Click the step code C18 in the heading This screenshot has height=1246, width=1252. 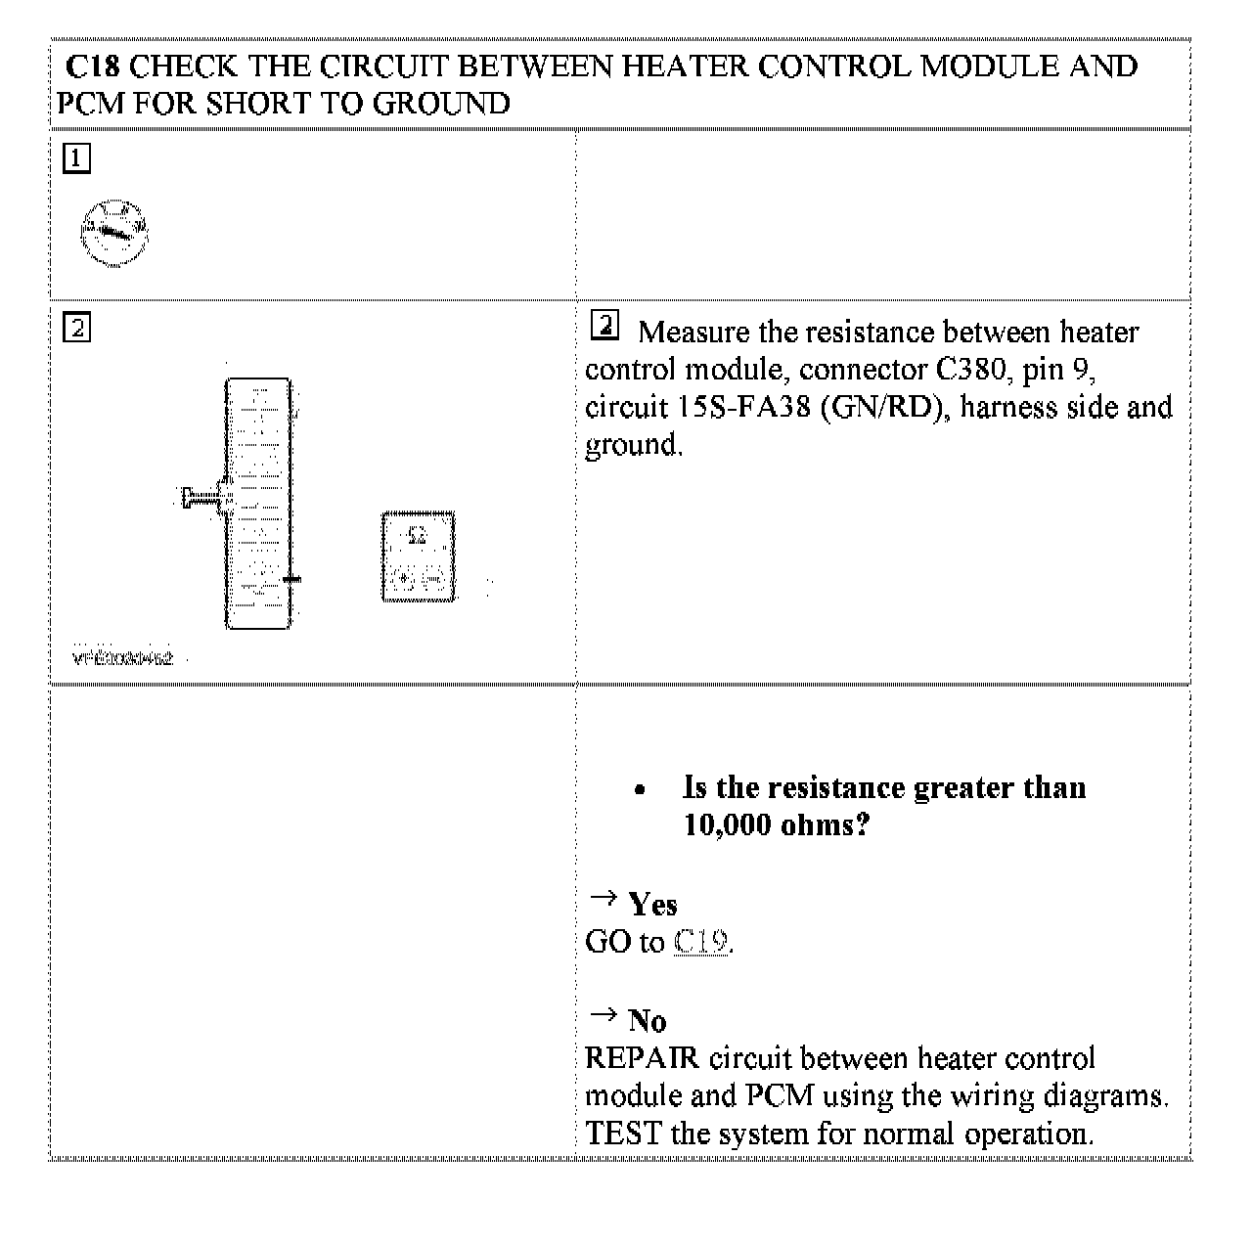pyautogui.click(x=96, y=67)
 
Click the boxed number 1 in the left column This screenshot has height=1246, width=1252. pyautogui.click(x=76, y=158)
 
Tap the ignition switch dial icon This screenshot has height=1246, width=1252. pyautogui.click(x=114, y=232)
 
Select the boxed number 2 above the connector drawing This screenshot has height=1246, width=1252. pyautogui.click(x=76, y=327)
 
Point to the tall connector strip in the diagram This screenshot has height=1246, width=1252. pyautogui.click(x=258, y=504)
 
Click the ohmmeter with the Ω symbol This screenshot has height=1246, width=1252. pyautogui.click(x=418, y=556)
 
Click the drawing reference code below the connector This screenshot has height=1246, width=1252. pyautogui.click(x=123, y=658)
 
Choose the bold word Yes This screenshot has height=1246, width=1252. pyautogui.click(x=652, y=905)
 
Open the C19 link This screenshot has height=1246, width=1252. pyautogui.click(x=701, y=942)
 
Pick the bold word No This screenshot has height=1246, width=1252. pyautogui.click(x=648, y=1022)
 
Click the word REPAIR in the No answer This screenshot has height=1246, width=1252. pyautogui.click(x=642, y=1058)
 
